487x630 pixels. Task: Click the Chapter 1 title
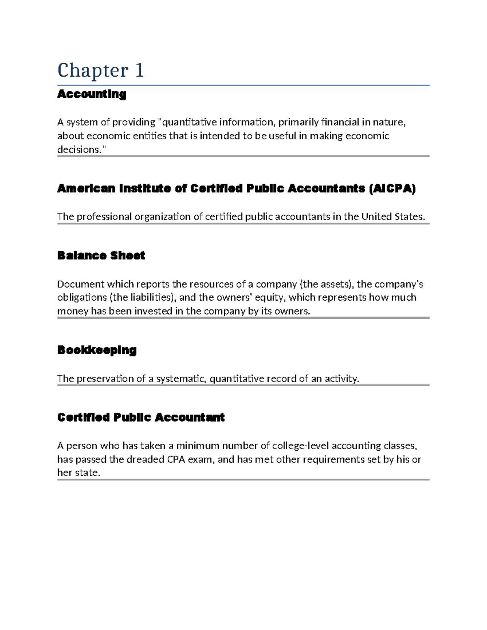pyautogui.click(x=100, y=70)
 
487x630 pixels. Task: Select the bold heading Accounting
pyautogui.click(x=92, y=94)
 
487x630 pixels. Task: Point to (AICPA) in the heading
pyautogui.click(x=392, y=188)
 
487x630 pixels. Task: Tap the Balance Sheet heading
pyautogui.click(x=101, y=256)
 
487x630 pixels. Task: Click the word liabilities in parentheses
pyautogui.click(x=150, y=297)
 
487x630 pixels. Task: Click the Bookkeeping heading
pyautogui.click(x=97, y=350)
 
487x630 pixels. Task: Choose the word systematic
pyautogui.click(x=181, y=378)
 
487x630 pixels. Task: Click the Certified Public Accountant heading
pyautogui.click(x=141, y=417)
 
